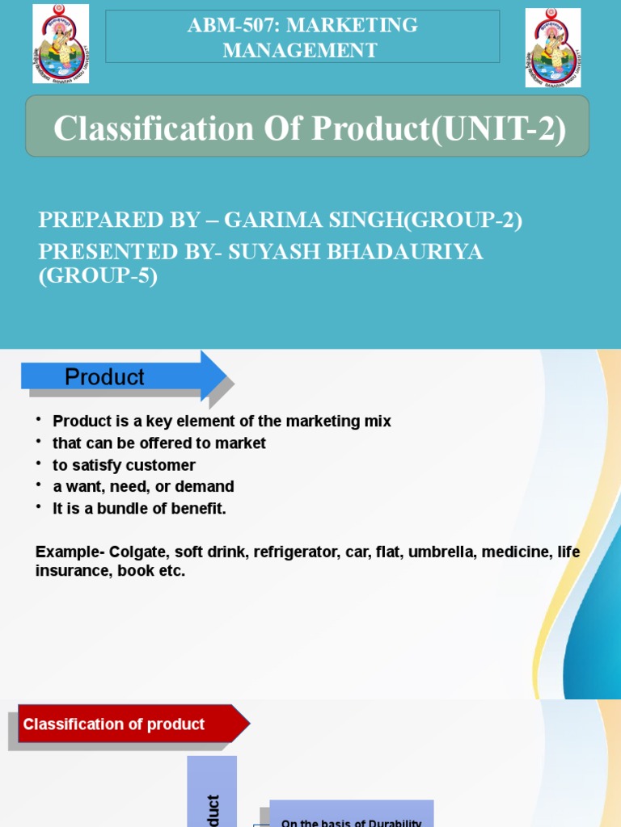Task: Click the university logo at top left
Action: coord(61,44)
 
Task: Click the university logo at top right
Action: coord(553,47)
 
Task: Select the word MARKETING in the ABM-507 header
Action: coord(366,25)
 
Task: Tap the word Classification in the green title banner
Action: coord(154,129)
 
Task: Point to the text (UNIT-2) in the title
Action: coord(499,129)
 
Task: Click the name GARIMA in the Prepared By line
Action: coord(271,221)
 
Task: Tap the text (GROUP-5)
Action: coord(98,276)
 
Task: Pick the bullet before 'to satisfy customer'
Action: coord(38,464)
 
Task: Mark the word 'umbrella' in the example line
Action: coord(441,552)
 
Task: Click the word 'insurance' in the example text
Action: coord(67,571)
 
